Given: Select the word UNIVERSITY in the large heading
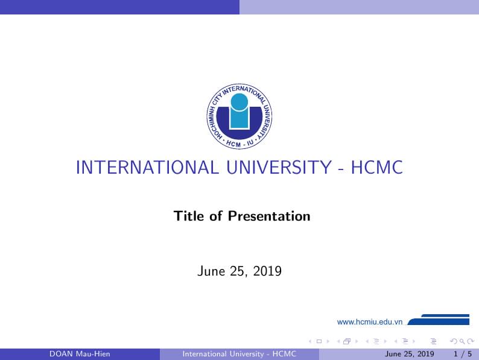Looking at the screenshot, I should (x=275, y=167).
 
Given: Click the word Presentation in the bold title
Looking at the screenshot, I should (x=269, y=216).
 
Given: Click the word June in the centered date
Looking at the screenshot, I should (x=211, y=271).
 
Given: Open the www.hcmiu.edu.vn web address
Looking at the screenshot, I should (x=370, y=322).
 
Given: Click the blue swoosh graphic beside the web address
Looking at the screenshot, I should (x=440, y=320).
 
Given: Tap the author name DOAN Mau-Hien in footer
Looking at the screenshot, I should (x=80, y=354).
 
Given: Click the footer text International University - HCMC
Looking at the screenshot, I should (x=239, y=354).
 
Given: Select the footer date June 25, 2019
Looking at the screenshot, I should (x=410, y=354).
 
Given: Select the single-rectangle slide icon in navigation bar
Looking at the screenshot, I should (x=319, y=341).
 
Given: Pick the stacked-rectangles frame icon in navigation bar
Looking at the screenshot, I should (x=347, y=341).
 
